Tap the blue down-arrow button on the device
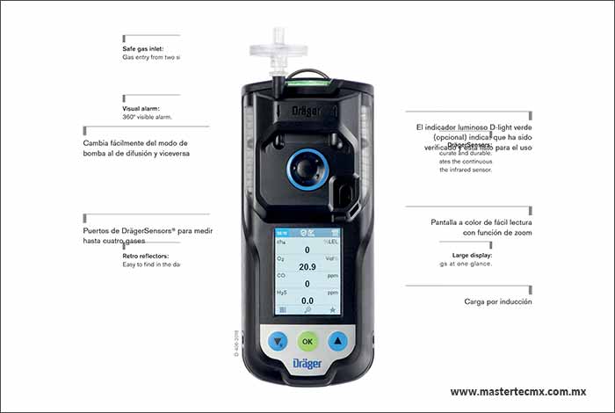[x=279, y=341]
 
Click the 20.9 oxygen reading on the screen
[x=307, y=266]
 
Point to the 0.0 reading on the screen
[x=307, y=300]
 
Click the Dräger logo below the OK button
[x=307, y=363]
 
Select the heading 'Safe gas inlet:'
[x=143, y=49]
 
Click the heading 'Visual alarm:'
[x=141, y=108]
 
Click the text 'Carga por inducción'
[x=498, y=301]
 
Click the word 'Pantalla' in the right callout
[x=448, y=223]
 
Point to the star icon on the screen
[x=332, y=310]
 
